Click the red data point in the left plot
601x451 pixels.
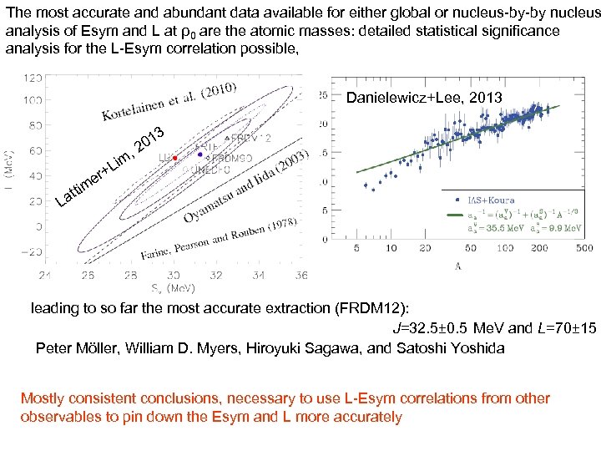click(174, 158)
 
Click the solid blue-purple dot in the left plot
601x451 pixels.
click(200, 155)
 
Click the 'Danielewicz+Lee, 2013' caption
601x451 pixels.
click(424, 98)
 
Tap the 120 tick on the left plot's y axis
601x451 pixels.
click(34, 78)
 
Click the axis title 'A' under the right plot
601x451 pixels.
click(458, 266)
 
